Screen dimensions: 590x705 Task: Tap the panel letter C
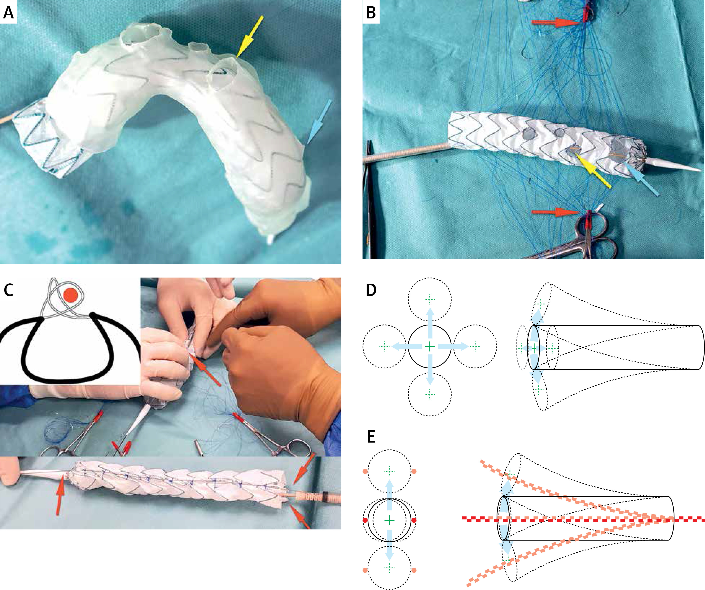click(x=8, y=290)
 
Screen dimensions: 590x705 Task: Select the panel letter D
click(x=371, y=290)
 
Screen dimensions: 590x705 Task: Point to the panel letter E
click(x=371, y=437)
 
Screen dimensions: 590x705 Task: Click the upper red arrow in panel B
click(x=556, y=23)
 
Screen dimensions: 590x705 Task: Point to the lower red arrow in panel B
click(x=556, y=212)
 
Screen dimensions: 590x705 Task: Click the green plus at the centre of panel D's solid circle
click(x=430, y=346)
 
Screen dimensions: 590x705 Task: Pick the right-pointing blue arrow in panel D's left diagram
click(x=453, y=346)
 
